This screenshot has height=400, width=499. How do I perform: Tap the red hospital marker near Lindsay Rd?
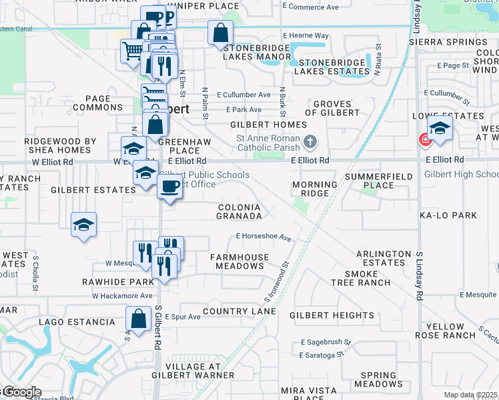(x=424, y=139)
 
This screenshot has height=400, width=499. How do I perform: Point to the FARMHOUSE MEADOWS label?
(x=239, y=261)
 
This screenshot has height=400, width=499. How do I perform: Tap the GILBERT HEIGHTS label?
(x=332, y=315)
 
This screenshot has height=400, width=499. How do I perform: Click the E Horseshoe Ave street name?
(x=264, y=237)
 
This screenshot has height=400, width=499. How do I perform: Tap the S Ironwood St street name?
(x=276, y=281)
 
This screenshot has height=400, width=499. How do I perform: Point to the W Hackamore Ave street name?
(x=122, y=295)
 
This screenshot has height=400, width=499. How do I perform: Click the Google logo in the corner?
(x=21, y=392)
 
